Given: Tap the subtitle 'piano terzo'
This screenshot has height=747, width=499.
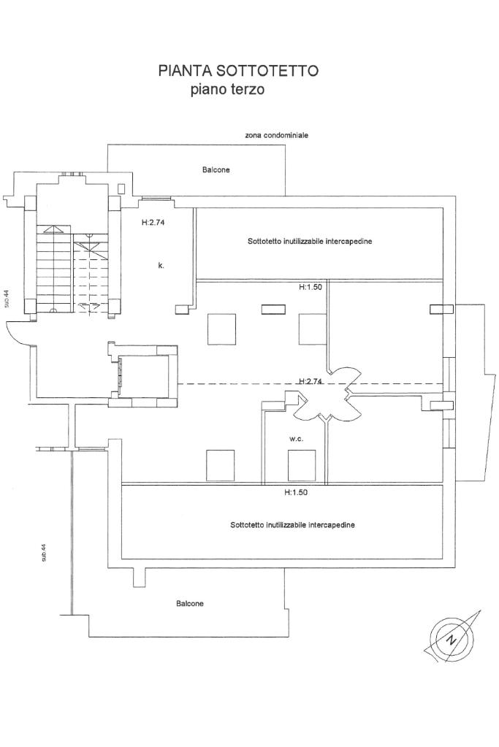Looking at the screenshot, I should (226, 91).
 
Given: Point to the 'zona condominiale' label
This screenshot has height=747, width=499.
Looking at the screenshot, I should (277, 135).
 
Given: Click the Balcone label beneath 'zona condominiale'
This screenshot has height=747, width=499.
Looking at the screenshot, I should (216, 169).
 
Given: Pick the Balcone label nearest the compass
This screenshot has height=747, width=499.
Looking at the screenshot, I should (190, 604).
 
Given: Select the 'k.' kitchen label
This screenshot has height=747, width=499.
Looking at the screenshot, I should (161, 266).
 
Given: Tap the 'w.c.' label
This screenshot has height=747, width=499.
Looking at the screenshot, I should (296, 440).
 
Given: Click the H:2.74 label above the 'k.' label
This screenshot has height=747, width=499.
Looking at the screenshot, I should (155, 223).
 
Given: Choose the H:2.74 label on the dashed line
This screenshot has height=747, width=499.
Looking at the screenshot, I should (311, 381).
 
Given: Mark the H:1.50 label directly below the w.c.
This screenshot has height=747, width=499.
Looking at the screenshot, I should (297, 493).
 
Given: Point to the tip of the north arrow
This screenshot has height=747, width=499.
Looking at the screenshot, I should (480, 610).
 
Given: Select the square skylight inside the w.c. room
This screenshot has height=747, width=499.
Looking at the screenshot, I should (302, 465).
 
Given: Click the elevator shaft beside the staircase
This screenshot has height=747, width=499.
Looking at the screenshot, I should (143, 376).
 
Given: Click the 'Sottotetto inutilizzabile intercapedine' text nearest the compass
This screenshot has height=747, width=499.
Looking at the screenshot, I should (292, 524).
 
